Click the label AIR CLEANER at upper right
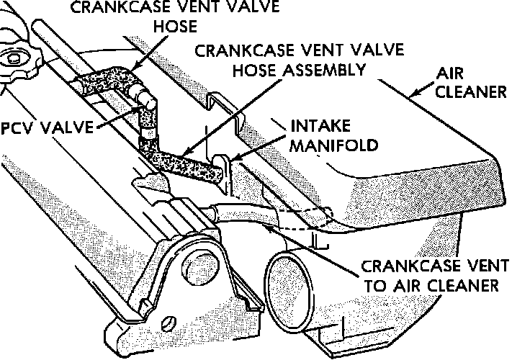(x=471, y=84)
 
